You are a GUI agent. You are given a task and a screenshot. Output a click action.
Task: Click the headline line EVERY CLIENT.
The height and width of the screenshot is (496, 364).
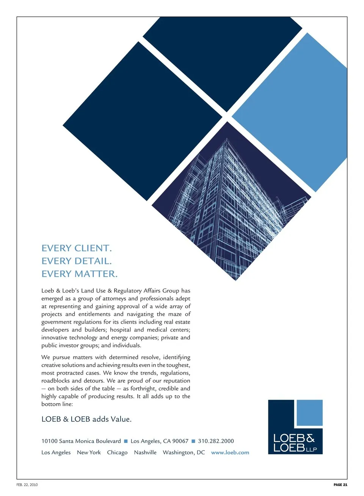click(77, 248)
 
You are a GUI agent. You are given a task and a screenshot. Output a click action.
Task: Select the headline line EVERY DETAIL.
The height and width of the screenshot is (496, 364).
click(77, 261)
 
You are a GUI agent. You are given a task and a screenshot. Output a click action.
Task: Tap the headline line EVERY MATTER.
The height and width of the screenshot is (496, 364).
click(80, 274)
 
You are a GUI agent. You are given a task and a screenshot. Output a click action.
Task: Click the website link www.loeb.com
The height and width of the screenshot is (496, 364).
click(230, 452)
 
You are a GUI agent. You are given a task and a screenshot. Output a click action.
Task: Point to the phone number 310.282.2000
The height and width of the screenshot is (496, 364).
click(216, 441)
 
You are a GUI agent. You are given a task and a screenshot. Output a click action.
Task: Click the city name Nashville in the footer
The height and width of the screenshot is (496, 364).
click(145, 452)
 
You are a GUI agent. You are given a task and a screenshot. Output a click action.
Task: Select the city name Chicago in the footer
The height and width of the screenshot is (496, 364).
click(117, 452)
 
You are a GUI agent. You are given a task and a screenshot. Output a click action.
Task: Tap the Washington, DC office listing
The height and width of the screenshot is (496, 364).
click(184, 452)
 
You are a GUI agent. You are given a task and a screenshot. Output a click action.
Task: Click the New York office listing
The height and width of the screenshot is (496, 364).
click(89, 452)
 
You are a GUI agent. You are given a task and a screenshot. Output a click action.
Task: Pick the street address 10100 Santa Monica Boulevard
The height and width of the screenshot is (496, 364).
click(81, 441)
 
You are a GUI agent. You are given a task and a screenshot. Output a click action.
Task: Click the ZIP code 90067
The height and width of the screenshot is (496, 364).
click(180, 441)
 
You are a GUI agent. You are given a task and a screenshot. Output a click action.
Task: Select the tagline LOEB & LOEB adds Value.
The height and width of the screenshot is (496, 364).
click(86, 419)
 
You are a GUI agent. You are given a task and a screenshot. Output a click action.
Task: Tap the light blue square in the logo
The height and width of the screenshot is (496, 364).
click(309, 413)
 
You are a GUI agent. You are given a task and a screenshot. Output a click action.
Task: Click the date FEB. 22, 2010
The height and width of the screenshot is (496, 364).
click(27, 485)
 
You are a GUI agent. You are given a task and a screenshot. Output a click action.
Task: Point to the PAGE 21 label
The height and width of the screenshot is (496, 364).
click(340, 485)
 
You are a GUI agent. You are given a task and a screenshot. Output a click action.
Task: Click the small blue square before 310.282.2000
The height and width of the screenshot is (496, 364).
click(193, 441)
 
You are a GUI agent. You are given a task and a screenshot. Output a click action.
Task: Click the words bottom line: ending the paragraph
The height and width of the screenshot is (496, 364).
click(57, 404)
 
